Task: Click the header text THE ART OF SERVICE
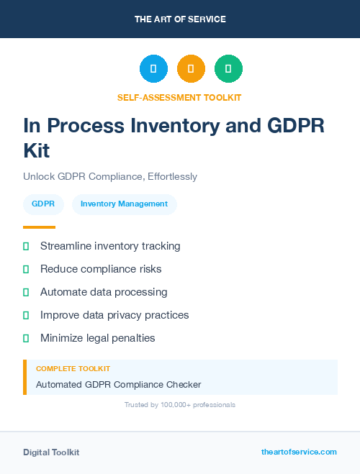(x=180, y=19)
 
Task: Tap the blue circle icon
(x=153, y=69)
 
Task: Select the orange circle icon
(x=191, y=69)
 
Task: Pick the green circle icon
(x=228, y=69)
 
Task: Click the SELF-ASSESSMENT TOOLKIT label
(x=180, y=97)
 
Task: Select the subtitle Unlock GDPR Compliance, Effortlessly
(x=110, y=176)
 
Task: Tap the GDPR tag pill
(x=43, y=204)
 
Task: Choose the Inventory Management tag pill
(x=124, y=204)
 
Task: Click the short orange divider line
(x=39, y=227)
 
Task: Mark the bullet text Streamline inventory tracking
(x=110, y=246)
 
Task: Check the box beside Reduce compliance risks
(x=26, y=269)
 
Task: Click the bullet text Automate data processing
(x=104, y=292)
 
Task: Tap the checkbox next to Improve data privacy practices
(x=26, y=315)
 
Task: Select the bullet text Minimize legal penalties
(x=98, y=338)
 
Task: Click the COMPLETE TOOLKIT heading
(x=73, y=368)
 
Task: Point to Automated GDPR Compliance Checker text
(x=118, y=385)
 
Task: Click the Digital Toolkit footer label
(x=51, y=452)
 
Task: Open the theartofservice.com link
(x=299, y=452)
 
